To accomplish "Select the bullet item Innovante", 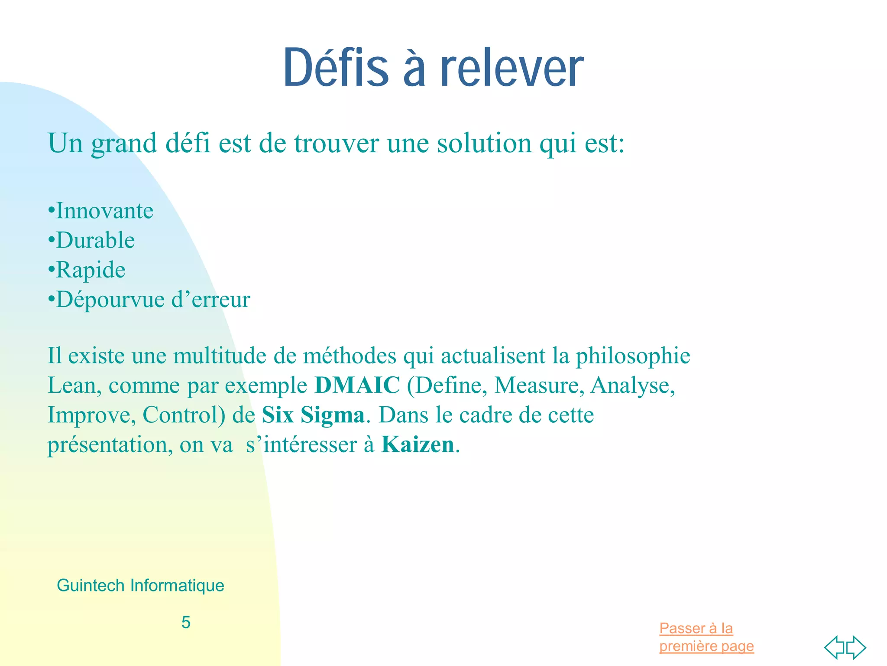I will coord(104,211).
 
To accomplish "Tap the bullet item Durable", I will coord(95,241).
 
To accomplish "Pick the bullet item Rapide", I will coord(91,270).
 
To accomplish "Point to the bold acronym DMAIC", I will coord(357,385).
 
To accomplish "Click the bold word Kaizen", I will coord(418,444).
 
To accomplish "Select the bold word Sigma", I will coord(332,415).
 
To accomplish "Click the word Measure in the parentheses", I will coord(536,385).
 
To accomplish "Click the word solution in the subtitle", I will coord(484,143).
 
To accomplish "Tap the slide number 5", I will coord(186,623).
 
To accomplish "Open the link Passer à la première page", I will coord(706,637).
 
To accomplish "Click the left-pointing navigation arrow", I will coord(834,648).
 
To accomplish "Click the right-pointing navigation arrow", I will coord(856,648).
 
